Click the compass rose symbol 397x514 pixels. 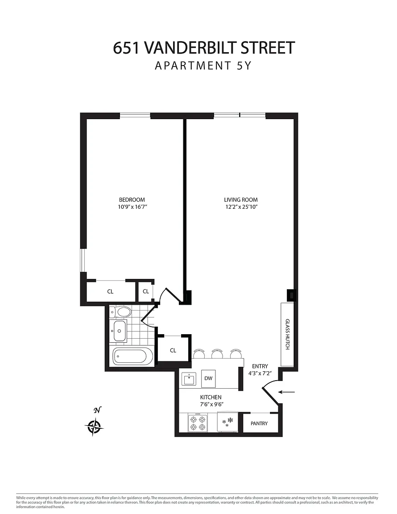[95, 427]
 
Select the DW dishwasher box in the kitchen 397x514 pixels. [208, 378]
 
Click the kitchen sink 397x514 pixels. [189, 379]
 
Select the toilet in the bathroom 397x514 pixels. [120, 311]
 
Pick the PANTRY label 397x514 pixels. [259, 423]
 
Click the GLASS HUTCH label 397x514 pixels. [288, 334]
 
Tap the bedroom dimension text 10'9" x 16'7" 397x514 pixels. [132, 207]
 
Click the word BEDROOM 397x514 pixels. [132, 199]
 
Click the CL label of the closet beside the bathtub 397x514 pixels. [173, 350]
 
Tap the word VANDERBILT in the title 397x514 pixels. [190, 48]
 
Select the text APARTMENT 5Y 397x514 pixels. [203, 66]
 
